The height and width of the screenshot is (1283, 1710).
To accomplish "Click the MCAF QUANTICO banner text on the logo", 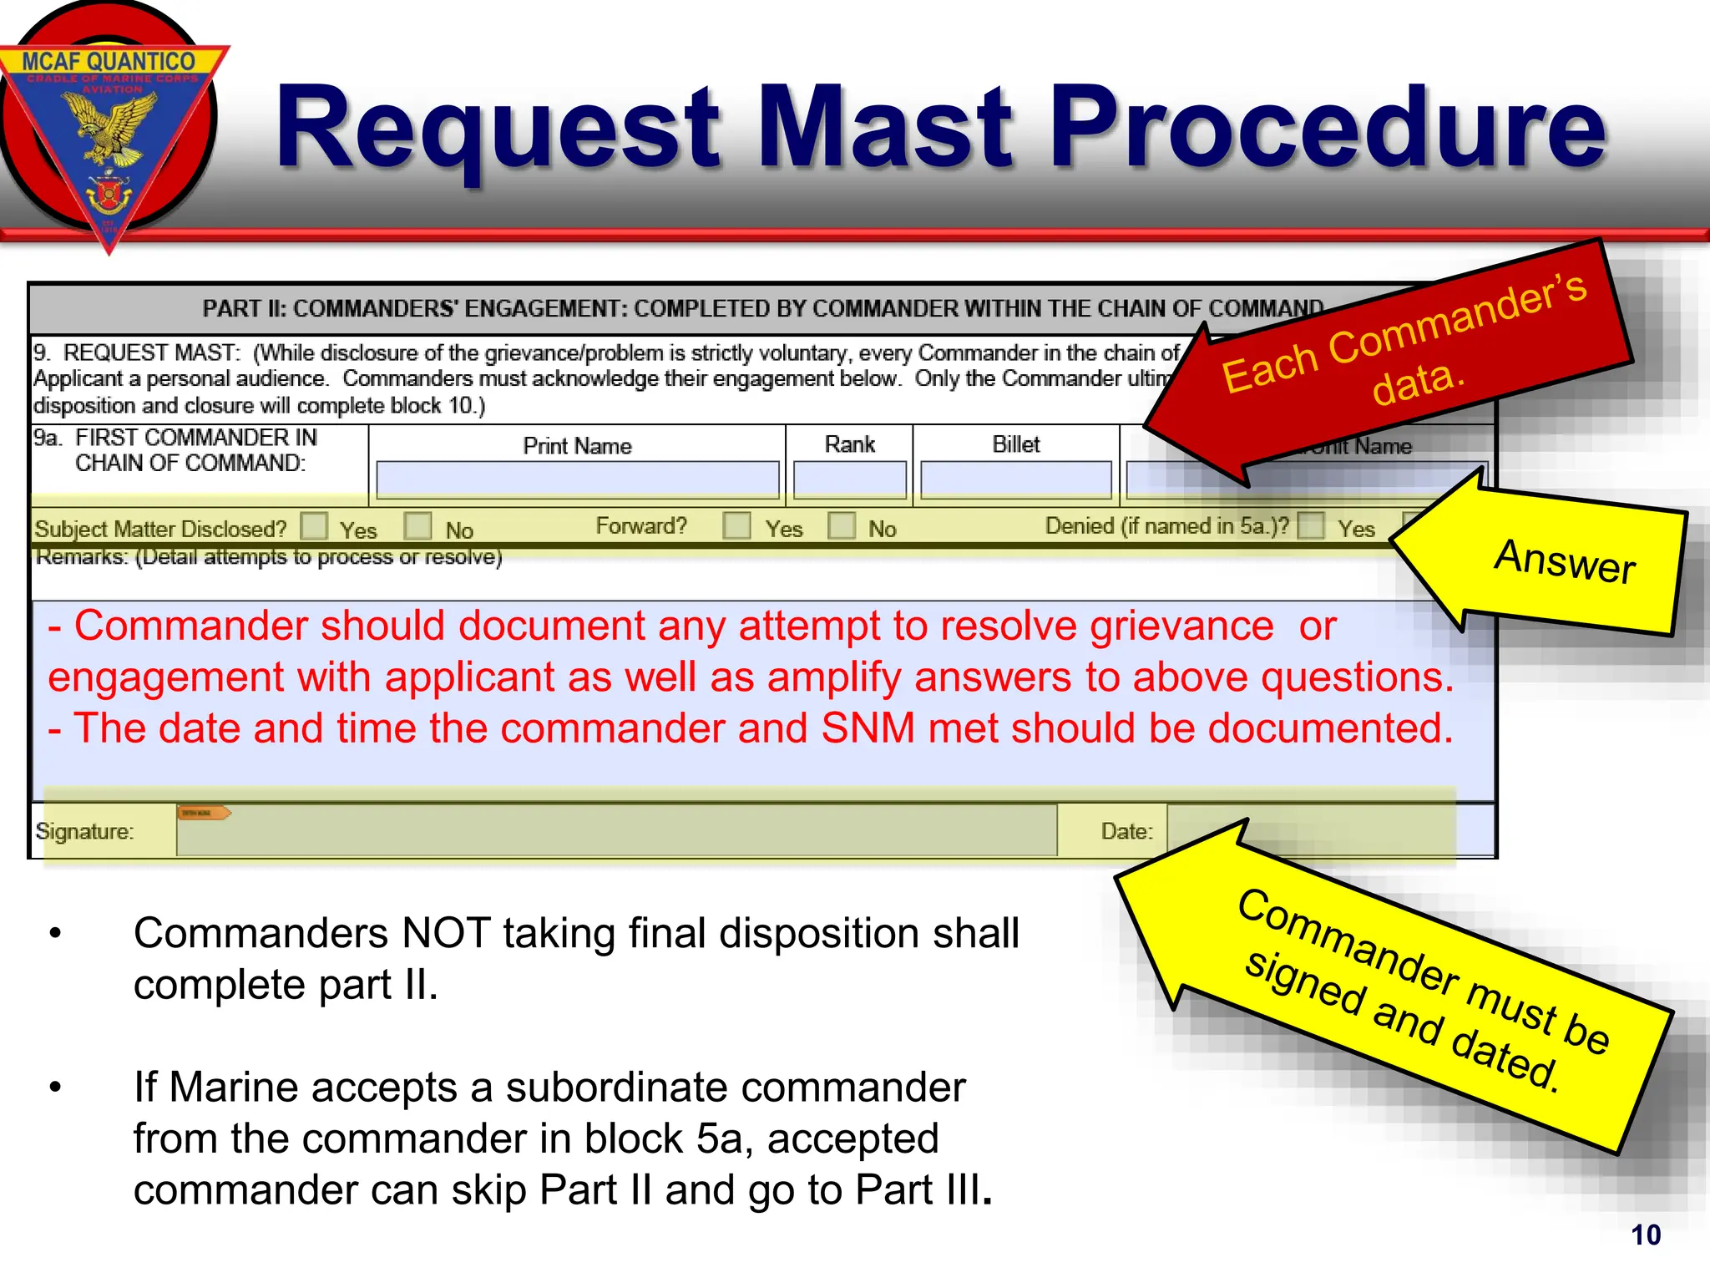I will pos(109,62).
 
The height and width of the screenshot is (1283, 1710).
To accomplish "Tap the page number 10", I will pos(1646,1235).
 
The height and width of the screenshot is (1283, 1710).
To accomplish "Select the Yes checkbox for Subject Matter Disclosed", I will pos(314,526).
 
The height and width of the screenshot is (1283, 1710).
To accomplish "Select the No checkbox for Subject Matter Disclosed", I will pos(417,526).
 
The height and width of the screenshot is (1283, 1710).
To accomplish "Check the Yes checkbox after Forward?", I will pos(736,525).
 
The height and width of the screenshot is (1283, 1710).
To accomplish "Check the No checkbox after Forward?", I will pos(842,525).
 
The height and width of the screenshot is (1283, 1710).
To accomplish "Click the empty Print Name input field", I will pos(577,481).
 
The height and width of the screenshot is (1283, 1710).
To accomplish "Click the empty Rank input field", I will pos(849,481).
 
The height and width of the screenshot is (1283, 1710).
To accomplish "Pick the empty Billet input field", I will pos(1015,481).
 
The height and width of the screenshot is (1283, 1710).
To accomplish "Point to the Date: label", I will pos(1126,831).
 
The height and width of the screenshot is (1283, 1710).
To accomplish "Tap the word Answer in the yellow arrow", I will pos(1564,561).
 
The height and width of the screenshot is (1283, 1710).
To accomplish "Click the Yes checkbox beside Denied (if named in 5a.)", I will pos(1312,526).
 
